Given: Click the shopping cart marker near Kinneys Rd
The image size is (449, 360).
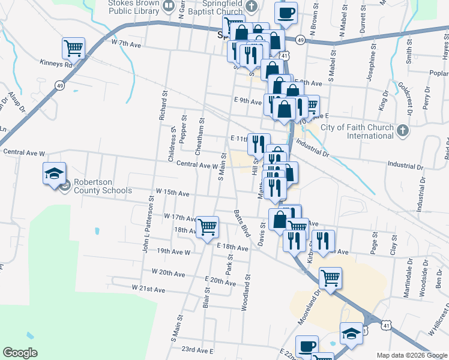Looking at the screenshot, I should (73, 47).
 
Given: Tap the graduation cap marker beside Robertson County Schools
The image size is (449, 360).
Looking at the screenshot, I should (54, 174).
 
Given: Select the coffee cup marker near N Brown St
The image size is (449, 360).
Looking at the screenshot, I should (286, 13).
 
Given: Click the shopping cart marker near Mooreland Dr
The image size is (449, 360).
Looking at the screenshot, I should (330, 277).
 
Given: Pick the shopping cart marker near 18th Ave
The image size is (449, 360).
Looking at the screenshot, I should (207, 227).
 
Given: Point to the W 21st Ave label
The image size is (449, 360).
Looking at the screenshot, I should (148, 289).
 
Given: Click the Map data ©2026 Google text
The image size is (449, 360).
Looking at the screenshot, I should (412, 355).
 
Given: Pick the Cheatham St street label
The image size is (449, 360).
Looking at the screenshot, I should (200, 130).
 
